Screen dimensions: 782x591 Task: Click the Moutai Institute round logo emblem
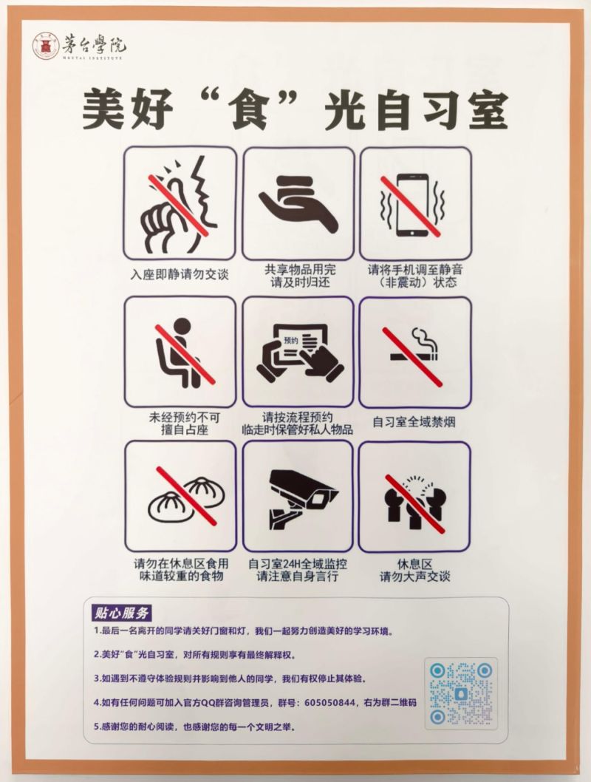[46, 47]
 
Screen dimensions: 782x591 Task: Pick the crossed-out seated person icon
[180, 352]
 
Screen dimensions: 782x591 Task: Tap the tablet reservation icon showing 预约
[298, 352]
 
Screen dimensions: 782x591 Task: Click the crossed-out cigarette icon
[415, 352]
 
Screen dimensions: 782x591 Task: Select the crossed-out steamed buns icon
[180, 496]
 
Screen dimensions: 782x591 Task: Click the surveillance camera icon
[298, 496]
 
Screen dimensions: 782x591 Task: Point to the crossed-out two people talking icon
[415, 496]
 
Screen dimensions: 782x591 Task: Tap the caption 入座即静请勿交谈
[180, 275]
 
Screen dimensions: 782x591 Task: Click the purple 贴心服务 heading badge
[122, 613]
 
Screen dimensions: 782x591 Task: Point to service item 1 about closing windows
[244, 632]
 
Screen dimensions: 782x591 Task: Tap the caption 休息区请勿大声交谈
[414, 570]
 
